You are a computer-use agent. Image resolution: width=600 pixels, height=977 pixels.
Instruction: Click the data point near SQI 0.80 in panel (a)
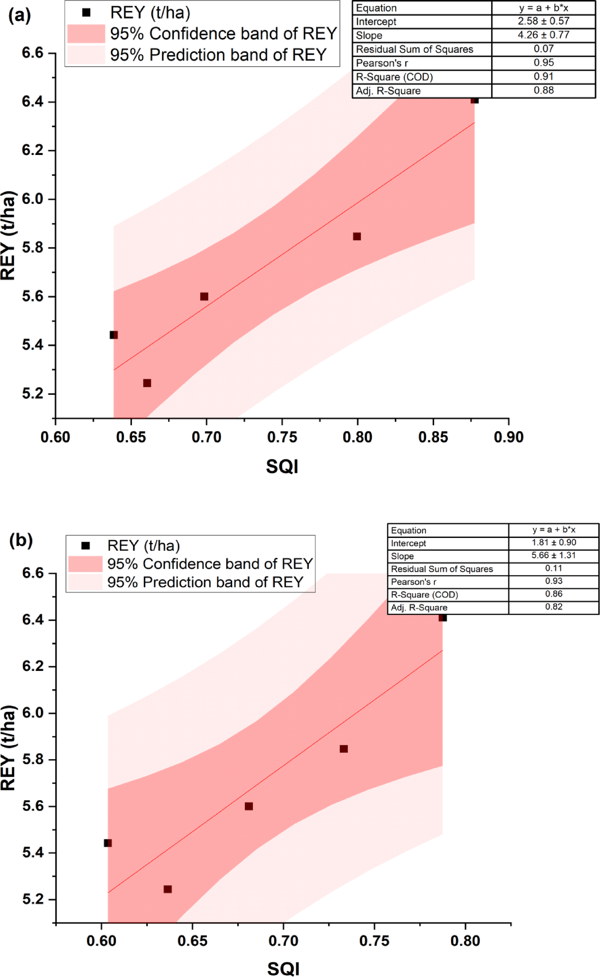[x=357, y=236]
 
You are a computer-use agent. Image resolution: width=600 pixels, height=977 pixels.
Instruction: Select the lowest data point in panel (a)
[x=147, y=383]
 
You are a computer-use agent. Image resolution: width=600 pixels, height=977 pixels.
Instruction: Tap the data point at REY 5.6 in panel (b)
[x=249, y=806]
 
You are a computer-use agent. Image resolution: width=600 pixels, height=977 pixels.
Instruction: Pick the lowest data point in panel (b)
[x=168, y=889]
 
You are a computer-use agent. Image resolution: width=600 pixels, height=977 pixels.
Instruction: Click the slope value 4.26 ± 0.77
[x=543, y=35]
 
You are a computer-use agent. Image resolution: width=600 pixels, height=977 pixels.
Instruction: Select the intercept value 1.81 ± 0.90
[x=554, y=543]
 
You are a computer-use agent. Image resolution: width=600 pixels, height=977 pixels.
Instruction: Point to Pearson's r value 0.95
[x=543, y=62]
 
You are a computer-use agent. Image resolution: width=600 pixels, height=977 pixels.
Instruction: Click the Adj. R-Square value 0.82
[x=554, y=607]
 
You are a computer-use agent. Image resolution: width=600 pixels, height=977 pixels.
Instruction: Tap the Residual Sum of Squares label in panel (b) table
[x=442, y=569]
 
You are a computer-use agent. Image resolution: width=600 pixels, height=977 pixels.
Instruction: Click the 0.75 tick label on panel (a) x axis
[x=282, y=437]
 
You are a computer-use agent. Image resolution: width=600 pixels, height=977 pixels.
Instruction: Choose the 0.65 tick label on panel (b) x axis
[x=192, y=941]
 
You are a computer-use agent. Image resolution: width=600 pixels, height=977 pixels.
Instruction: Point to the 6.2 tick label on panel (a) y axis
[x=32, y=150]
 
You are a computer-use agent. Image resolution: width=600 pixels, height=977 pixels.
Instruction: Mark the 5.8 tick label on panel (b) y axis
[x=32, y=760]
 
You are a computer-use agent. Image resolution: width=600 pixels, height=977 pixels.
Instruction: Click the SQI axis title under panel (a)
[x=282, y=467]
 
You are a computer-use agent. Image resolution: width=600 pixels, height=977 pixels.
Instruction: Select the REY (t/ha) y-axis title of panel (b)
[x=8, y=747]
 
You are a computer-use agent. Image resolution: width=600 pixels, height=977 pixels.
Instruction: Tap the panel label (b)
[x=21, y=540]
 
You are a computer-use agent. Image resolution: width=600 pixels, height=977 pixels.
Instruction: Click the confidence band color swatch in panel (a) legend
[x=86, y=34]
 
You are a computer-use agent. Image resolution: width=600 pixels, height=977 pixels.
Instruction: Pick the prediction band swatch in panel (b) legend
[x=85, y=582]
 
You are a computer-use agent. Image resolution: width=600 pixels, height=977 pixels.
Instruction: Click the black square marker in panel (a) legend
[x=86, y=13]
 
